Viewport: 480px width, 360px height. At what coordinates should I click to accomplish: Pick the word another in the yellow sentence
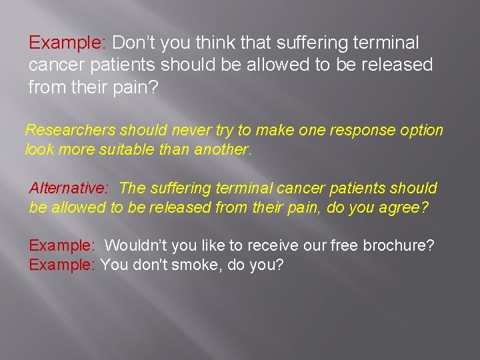point(221,150)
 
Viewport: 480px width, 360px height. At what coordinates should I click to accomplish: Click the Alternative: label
point(69,189)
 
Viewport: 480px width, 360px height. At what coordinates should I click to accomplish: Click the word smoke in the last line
point(199,265)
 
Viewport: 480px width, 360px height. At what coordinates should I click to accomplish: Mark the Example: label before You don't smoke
point(63,265)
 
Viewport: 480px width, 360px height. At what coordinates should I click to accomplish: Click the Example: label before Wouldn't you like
point(63,245)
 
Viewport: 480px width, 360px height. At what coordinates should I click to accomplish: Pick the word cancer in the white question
point(55,65)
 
